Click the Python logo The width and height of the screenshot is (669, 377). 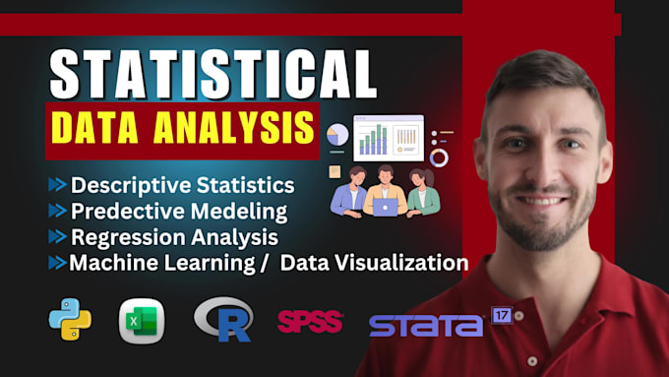tap(69, 320)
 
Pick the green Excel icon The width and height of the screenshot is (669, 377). tap(143, 321)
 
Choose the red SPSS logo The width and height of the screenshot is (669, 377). tap(310, 321)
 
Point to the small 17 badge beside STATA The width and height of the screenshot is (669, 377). tap(502, 317)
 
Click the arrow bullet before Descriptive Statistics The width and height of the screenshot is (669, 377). tap(59, 185)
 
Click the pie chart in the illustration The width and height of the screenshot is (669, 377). tap(337, 135)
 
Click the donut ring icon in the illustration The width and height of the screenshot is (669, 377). tap(439, 157)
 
